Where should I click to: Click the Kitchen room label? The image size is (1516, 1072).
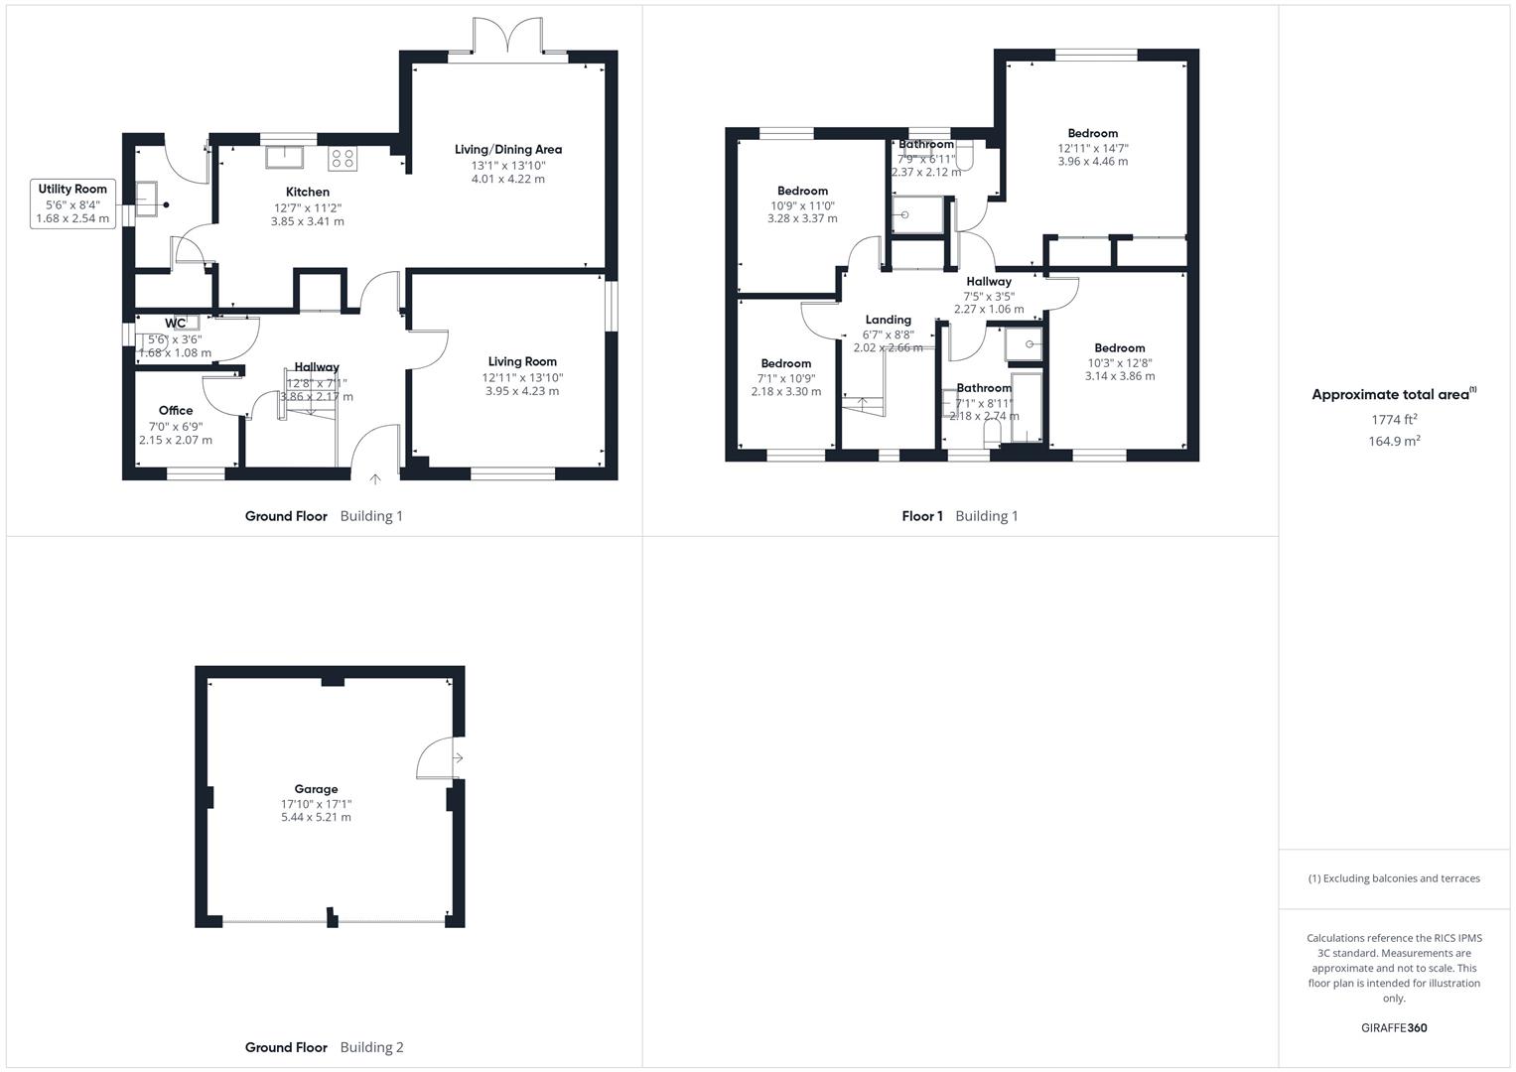[x=307, y=192]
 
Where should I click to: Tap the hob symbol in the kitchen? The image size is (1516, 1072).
[x=343, y=159]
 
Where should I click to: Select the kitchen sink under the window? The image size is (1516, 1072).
[x=287, y=158]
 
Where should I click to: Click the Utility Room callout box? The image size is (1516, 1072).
[x=72, y=203]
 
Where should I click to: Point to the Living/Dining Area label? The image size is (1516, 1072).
[x=507, y=150]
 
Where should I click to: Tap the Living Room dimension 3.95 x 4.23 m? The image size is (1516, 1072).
[x=522, y=391]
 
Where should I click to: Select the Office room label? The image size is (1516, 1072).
[x=176, y=410]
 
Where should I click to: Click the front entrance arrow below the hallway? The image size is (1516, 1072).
[x=375, y=479]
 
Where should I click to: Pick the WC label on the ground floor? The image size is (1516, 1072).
[x=175, y=323]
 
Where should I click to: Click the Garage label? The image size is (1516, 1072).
[x=316, y=789]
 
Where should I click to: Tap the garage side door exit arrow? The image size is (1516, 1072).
[x=457, y=758]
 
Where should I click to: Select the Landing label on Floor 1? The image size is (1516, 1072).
[x=888, y=320]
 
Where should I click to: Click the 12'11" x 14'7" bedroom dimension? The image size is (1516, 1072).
[x=1092, y=148]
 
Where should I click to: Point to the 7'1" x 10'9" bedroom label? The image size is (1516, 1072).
[x=785, y=363]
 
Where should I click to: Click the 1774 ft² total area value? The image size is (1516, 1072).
[x=1393, y=420]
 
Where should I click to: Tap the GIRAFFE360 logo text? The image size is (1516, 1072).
[x=1393, y=1028]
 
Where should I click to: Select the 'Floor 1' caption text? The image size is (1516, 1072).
[x=922, y=516]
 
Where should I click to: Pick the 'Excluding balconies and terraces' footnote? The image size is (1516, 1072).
[x=1394, y=878]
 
